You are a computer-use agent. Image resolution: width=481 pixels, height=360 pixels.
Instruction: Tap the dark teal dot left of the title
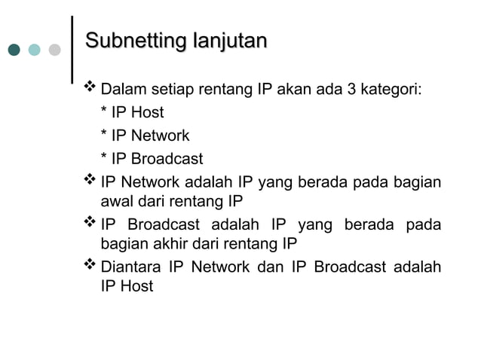click(15, 50)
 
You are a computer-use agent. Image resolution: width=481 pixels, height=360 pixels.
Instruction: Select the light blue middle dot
click(35, 50)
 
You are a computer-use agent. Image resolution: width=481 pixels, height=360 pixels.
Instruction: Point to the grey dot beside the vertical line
click(54, 50)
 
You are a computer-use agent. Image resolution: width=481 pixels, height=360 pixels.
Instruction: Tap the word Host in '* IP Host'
click(148, 114)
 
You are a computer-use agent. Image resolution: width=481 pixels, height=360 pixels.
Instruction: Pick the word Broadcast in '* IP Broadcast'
click(167, 159)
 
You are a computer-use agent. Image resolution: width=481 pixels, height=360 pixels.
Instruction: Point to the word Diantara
click(130, 267)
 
